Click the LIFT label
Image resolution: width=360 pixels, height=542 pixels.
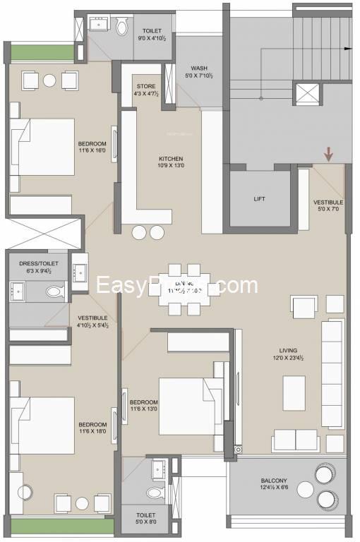260,199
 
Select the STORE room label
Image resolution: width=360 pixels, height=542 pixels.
147,87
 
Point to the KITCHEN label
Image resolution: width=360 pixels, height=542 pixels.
170,159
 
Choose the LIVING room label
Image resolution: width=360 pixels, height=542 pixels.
288,350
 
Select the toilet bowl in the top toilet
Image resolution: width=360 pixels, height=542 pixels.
121,28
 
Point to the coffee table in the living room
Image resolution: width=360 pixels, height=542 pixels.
294,390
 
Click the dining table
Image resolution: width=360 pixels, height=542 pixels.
185,289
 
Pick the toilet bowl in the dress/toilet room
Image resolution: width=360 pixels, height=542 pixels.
54,290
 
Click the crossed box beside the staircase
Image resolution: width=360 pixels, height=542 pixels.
306,95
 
